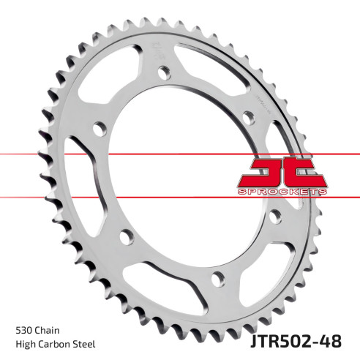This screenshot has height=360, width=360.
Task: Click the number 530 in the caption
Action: pos(23,329)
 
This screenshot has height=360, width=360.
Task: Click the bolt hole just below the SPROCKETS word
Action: pos(277,217)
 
